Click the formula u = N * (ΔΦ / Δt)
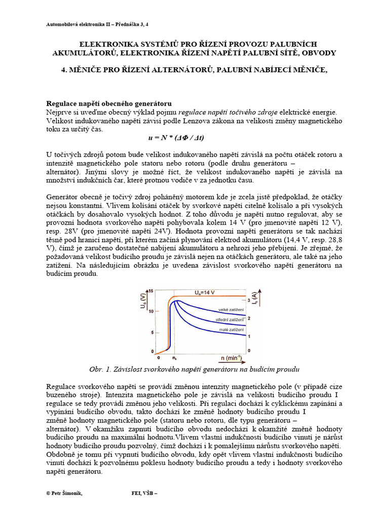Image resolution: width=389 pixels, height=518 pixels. (x=172, y=138)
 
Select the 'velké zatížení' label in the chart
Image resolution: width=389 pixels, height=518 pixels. (x=230, y=309)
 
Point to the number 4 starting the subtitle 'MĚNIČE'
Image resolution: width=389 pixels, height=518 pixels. (x=64, y=70)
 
